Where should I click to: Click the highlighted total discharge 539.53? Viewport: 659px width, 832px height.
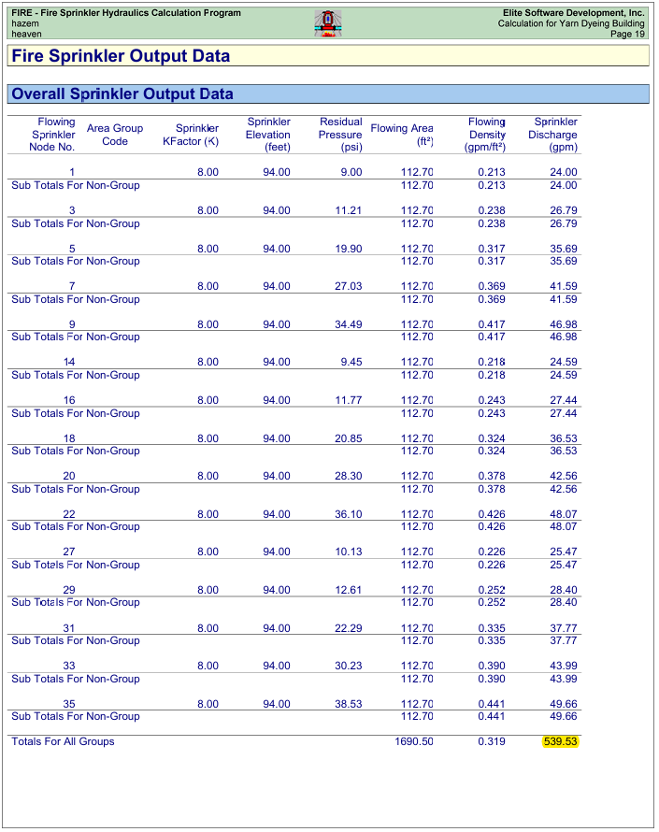561,741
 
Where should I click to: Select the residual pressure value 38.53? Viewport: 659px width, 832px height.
348,704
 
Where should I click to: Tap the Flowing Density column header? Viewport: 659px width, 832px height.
486,135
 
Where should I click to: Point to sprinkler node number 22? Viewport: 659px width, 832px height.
68,514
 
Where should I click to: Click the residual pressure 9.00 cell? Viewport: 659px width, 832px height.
351,172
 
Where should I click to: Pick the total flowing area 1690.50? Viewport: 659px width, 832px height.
414,741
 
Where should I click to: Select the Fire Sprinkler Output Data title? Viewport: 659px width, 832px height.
121,56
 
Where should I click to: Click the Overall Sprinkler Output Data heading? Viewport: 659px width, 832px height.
122,94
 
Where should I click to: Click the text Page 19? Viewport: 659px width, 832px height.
627,34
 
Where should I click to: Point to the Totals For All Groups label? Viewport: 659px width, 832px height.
63,741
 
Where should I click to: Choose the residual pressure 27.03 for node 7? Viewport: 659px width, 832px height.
348,286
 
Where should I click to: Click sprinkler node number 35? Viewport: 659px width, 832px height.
68,704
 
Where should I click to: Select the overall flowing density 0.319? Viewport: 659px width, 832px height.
491,741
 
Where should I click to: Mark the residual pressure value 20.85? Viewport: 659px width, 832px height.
348,438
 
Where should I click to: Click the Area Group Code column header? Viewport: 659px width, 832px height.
114,135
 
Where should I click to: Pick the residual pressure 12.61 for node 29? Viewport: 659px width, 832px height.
348,590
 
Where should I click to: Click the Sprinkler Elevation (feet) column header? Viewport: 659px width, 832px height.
268,135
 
